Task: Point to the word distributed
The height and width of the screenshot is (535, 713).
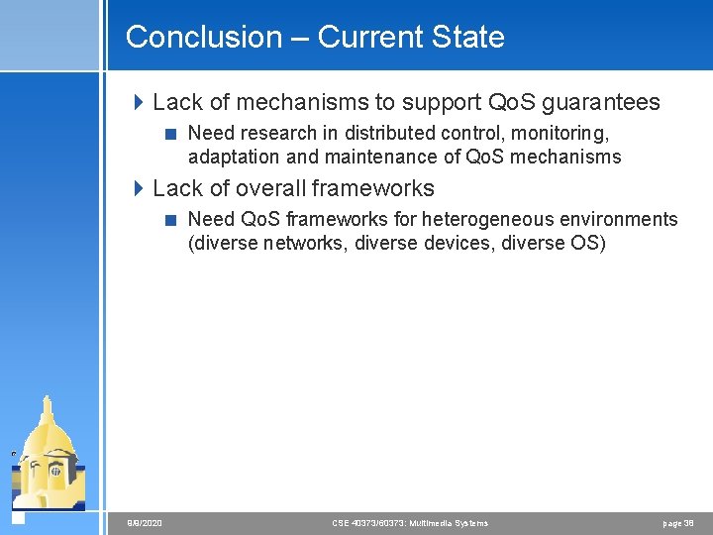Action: tap(387, 133)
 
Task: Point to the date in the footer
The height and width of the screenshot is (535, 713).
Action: tap(145, 523)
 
